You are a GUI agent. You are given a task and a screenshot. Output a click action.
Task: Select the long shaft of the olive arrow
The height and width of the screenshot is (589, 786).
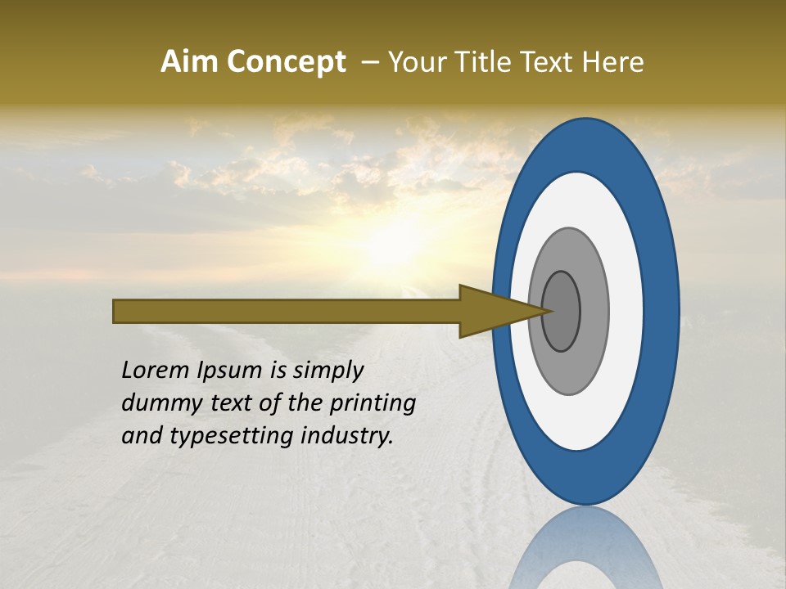287,311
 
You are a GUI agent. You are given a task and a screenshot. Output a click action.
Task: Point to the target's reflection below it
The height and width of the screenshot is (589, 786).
586,548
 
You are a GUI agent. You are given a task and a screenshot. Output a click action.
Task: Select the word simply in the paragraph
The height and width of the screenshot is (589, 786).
327,371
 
